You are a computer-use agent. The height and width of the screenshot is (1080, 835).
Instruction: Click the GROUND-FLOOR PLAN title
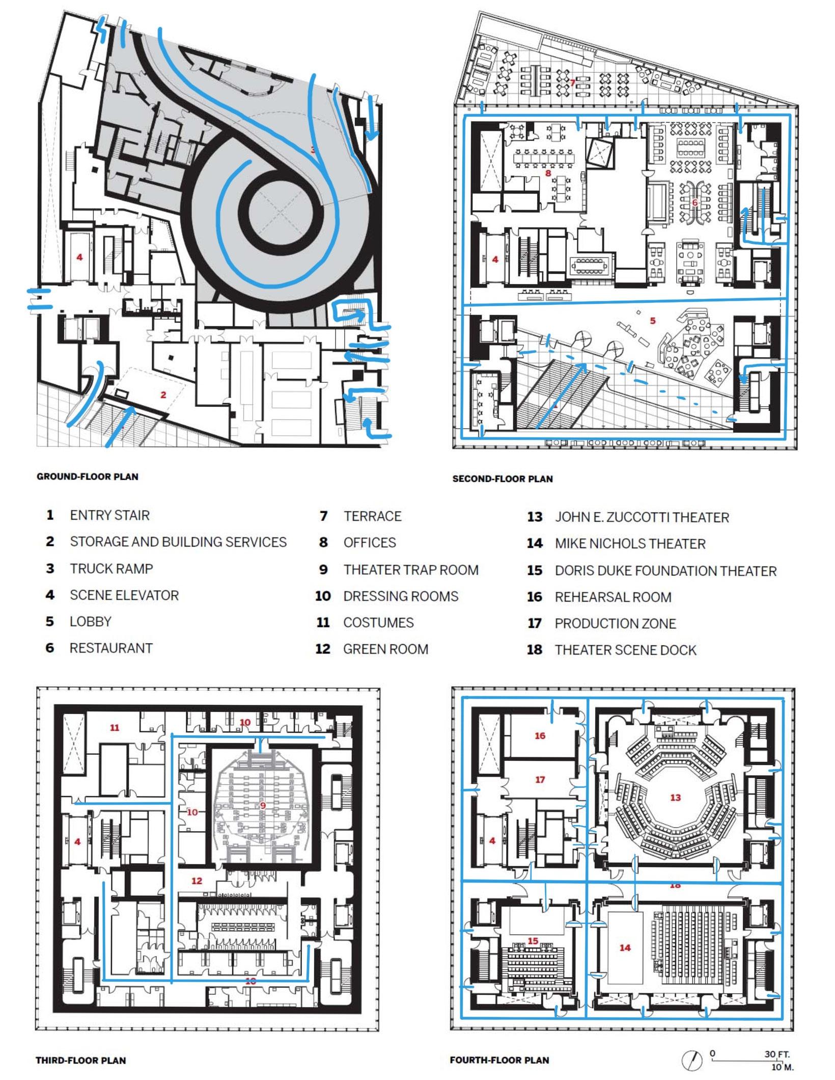tap(87, 477)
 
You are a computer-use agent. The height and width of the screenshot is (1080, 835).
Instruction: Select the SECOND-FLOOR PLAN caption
tap(502, 479)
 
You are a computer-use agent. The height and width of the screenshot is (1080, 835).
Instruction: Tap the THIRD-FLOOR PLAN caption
tap(80, 1060)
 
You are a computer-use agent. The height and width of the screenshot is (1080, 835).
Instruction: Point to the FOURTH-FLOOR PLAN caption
tap(499, 1060)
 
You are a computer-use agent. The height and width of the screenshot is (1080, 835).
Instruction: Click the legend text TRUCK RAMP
tap(111, 569)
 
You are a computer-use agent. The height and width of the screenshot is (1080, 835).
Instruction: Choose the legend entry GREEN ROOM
tap(385, 649)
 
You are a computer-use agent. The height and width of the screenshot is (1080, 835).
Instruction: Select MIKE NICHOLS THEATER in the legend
tap(630, 544)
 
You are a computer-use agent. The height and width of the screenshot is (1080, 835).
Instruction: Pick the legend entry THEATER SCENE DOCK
tap(625, 650)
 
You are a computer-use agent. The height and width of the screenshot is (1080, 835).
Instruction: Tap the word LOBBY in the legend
tap(90, 621)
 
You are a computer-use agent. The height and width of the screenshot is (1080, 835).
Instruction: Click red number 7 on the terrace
tap(572, 82)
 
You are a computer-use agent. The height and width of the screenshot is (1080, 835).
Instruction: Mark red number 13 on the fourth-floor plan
tap(675, 798)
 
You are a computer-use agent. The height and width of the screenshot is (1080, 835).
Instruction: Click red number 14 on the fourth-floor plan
tap(625, 947)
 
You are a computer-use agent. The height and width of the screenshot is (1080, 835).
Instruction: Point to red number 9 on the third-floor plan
tap(263, 805)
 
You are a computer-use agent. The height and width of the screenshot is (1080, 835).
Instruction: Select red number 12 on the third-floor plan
tap(197, 881)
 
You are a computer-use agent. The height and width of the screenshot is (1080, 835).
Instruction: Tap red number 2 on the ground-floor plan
tap(163, 394)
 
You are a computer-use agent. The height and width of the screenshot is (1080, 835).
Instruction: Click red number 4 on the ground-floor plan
tap(79, 257)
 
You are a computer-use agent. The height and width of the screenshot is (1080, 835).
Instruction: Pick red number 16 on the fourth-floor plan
tap(540, 735)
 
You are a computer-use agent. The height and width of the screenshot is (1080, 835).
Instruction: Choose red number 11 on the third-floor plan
tap(115, 728)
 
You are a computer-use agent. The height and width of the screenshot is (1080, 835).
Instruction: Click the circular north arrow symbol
tap(691, 1061)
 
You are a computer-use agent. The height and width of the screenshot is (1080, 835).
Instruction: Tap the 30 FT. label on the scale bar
tap(776, 1054)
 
